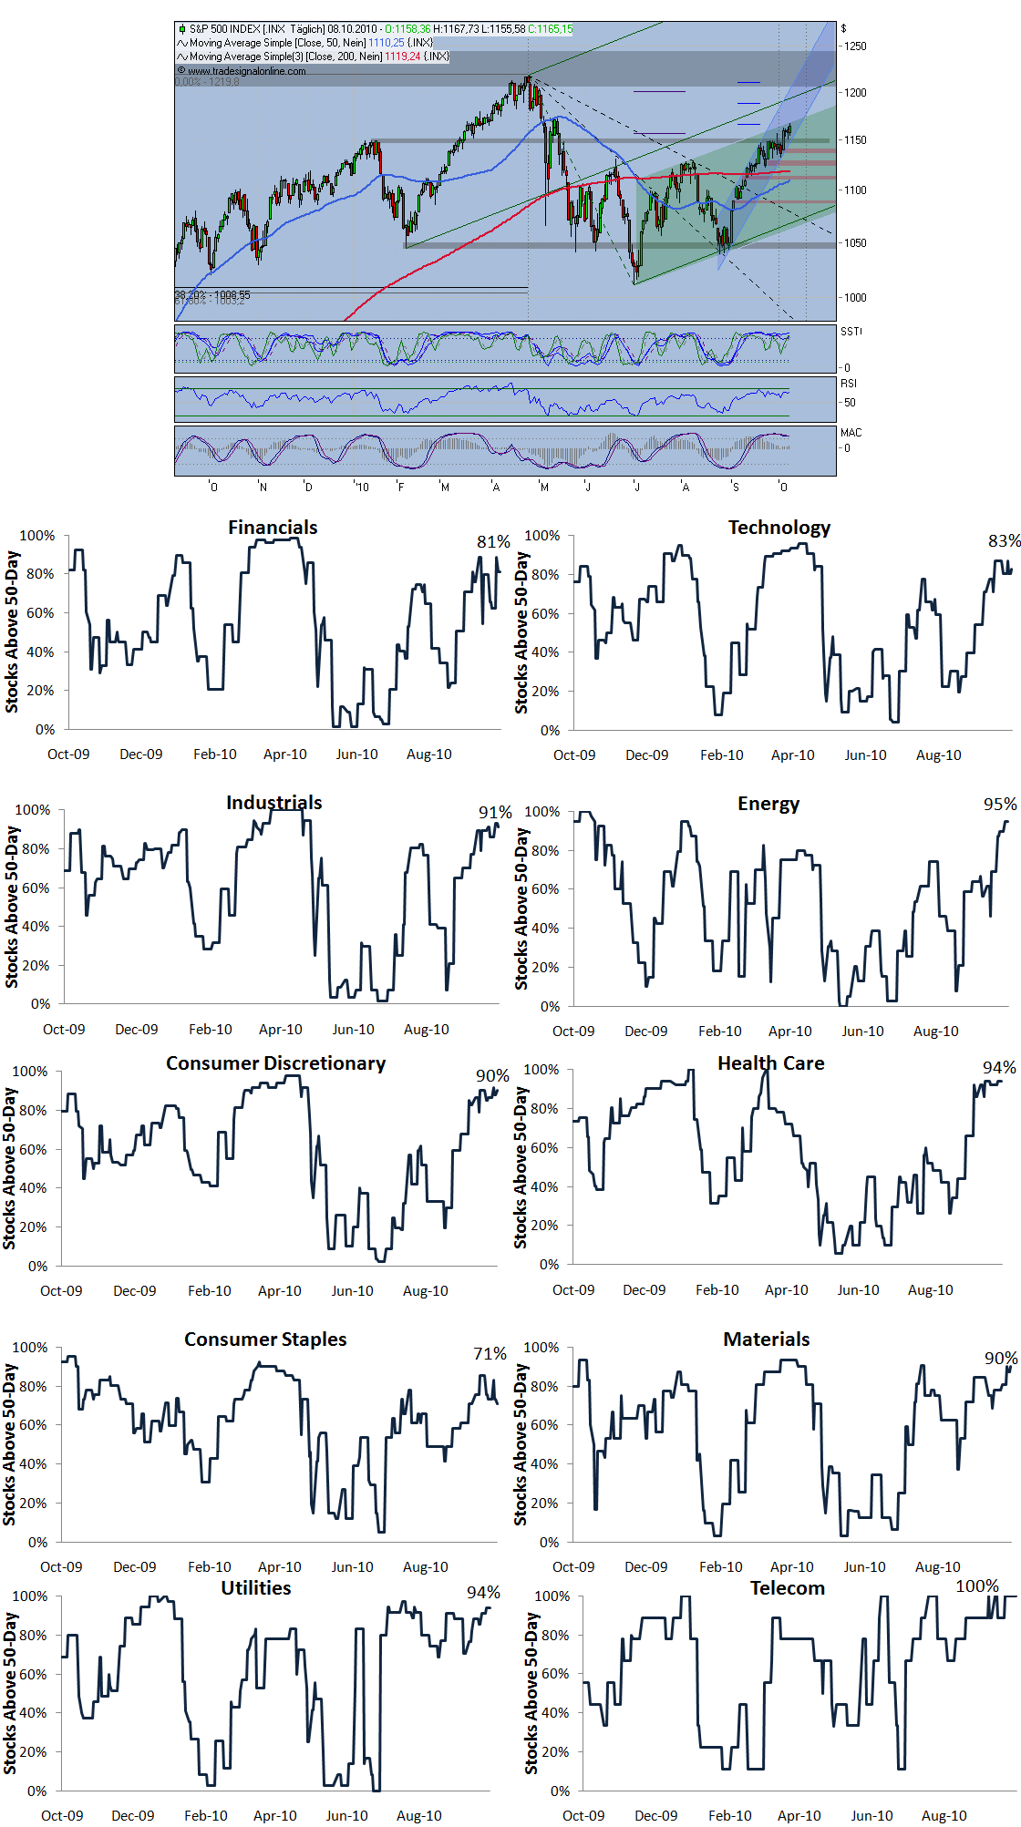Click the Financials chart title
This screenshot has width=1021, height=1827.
273,528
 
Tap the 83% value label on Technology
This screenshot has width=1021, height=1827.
1004,541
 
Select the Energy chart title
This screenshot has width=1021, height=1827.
768,804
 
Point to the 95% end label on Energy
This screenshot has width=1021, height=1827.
999,805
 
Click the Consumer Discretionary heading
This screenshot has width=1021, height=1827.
275,1063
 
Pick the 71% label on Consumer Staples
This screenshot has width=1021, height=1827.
490,1354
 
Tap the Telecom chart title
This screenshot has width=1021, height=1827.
787,1588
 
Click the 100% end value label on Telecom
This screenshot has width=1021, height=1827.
976,1586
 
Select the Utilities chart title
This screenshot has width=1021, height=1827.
256,1588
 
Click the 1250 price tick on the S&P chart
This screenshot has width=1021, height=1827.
855,46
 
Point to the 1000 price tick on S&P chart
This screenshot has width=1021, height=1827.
855,298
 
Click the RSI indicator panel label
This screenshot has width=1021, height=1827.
849,384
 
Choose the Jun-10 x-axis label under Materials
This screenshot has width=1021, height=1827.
864,1567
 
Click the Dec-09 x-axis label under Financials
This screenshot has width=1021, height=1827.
141,754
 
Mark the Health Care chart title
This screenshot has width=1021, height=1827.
770,1063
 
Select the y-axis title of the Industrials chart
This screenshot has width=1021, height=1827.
12,907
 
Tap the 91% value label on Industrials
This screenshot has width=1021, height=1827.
495,813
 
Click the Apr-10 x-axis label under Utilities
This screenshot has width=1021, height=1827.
274,1816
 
